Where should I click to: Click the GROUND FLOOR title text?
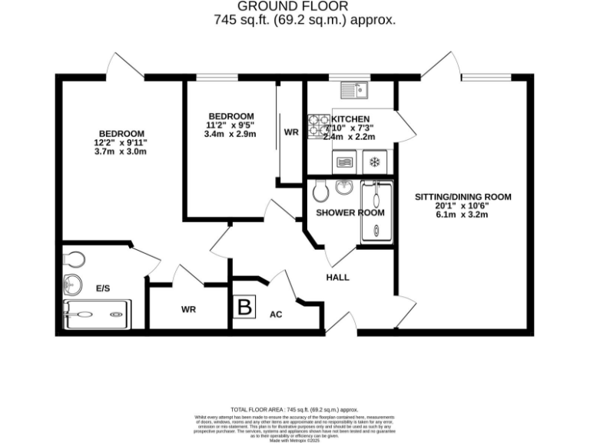point(295,8)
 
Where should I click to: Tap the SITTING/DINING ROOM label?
point(462,197)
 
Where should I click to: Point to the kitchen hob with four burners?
point(318,124)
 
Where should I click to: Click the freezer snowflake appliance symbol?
point(375,162)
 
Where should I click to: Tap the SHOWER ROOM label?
point(350,212)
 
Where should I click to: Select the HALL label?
point(338,277)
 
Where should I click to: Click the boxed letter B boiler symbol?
point(244,308)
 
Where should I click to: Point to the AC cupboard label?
point(276,315)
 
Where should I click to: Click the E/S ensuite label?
point(103,288)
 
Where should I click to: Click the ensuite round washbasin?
point(73,285)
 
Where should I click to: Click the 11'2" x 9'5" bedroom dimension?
point(230,125)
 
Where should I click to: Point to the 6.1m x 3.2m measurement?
point(462,215)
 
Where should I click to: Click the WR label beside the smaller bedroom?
point(291,132)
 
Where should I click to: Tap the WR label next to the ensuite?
point(189,309)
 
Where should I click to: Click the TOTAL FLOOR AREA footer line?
point(295,410)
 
